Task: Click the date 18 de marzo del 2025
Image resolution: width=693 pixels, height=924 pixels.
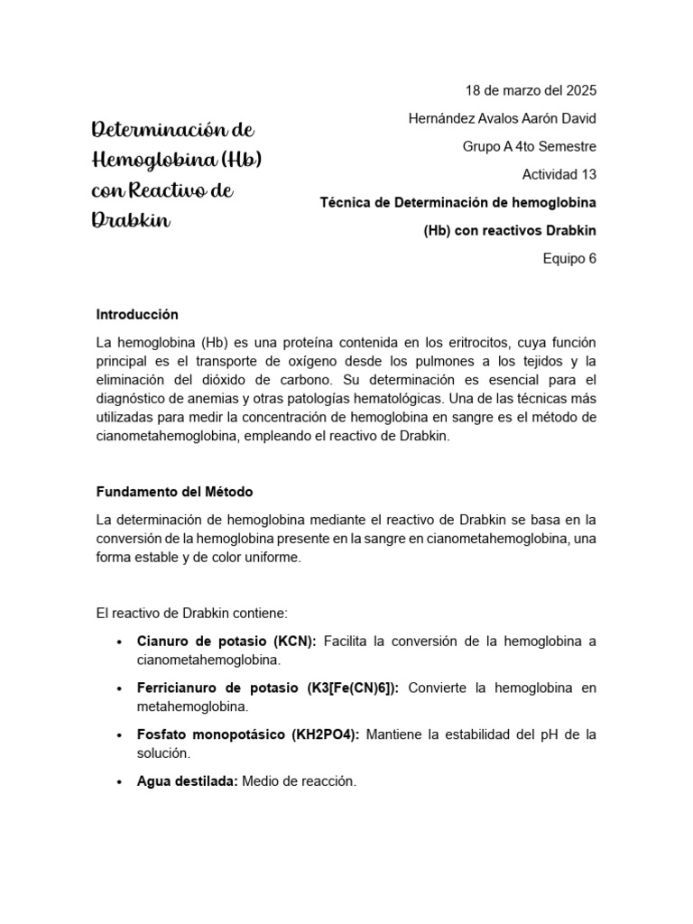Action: point(531,90)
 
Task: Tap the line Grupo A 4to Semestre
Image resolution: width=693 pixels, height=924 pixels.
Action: point(529,146)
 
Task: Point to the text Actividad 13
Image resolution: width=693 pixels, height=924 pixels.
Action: point(559,174)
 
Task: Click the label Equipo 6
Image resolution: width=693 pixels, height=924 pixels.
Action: point(569,258)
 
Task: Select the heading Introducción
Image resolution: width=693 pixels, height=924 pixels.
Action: point(137,315)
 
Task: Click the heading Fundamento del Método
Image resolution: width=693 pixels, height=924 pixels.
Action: point(174,492)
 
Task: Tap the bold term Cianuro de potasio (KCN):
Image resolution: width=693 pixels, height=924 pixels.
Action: point(226,642)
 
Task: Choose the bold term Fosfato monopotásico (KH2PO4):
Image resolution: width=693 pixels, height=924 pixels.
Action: point(248,735)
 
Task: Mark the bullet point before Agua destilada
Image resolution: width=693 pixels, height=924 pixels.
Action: point(119,782)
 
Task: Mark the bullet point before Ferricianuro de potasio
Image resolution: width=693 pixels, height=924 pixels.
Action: point(119,688)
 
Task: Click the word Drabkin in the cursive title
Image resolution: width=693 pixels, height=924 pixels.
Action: point(131,221)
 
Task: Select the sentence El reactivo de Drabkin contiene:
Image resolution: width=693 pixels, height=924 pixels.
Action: point(191,613)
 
